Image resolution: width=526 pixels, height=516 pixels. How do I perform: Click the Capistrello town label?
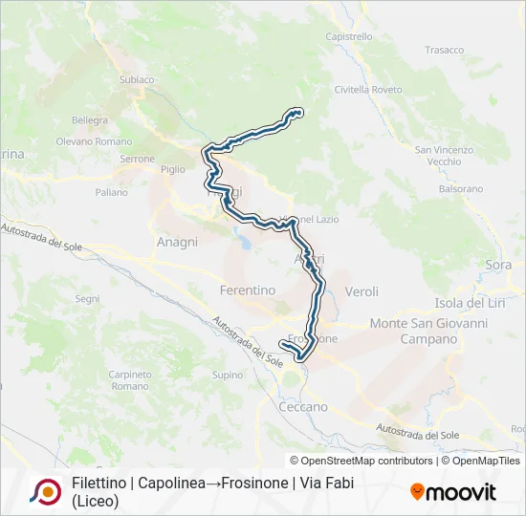(348, 36)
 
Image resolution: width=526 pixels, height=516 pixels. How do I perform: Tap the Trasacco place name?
(444, 50)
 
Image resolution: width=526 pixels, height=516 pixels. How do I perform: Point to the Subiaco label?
(137, 80)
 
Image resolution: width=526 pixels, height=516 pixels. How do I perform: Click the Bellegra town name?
(90, 120)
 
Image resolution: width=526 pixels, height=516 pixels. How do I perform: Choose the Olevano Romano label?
(94, 141)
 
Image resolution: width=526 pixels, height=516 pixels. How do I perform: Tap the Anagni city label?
(177, 243)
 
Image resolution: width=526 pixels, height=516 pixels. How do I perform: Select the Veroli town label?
(362, 291)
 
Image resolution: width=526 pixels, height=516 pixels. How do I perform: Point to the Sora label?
(498, 265)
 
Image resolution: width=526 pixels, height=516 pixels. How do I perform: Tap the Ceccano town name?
(303, 406)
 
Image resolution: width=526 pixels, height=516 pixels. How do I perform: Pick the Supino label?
(228, 376)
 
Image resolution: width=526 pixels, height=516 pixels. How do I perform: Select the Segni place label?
(87, 299)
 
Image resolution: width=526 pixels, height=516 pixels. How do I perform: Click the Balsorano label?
(461, 189)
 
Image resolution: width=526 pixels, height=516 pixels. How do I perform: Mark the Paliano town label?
(111, 192)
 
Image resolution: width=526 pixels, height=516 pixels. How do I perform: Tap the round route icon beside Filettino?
(45, 491)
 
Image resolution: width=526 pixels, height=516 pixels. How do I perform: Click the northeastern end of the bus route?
(299, 113)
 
